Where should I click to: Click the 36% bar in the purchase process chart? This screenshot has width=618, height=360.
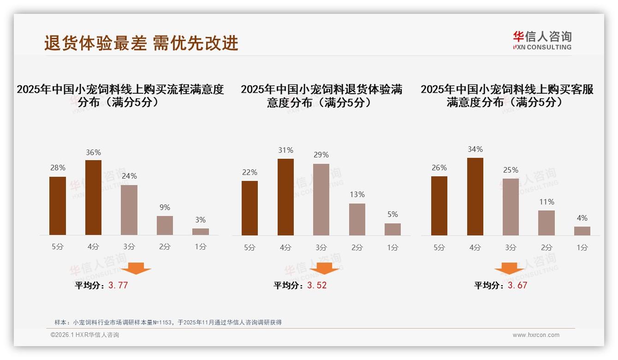[x=93, y=198]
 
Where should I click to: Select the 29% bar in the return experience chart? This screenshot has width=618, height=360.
[x=321, y=199]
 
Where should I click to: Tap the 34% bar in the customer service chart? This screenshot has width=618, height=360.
[x=475, y=197]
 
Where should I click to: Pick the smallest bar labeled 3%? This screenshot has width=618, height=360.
[x=201, y=232]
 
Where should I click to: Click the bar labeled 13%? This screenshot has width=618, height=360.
[x=357, y=219]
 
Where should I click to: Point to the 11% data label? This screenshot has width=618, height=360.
[x=547, y=202]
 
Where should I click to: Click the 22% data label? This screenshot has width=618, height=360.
[x=250, y=173]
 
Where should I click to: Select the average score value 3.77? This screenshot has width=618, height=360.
[x=118, y=285]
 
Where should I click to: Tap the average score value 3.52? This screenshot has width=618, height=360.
[x=317, y=285]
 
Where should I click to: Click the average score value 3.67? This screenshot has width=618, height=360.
[x=517, y=285]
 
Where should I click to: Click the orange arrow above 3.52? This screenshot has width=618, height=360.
[x=325, y=268]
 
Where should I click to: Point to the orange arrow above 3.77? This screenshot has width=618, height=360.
[x=136, y=268]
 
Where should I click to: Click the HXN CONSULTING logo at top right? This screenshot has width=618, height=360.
[x=542, y=41]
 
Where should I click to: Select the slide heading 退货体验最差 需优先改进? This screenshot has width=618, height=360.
[x=141, y=43]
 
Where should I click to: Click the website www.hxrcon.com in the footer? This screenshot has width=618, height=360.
[x=536, y=335]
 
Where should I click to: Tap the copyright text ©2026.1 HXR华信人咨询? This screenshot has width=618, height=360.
[x=85, y=335]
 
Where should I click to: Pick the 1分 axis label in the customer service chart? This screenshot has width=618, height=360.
[x=582, y=248]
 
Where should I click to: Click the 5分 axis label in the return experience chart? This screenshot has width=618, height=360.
[x=250, y=248]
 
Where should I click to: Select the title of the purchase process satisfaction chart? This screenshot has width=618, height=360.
[x=120, y=96]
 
